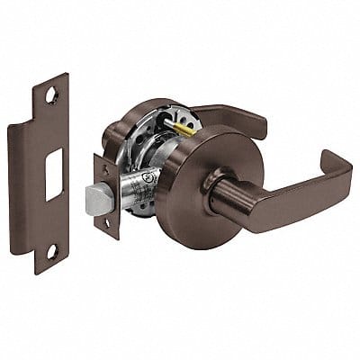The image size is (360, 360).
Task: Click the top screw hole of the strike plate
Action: [49, 93]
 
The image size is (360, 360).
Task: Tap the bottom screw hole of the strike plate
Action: [50, 251]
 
